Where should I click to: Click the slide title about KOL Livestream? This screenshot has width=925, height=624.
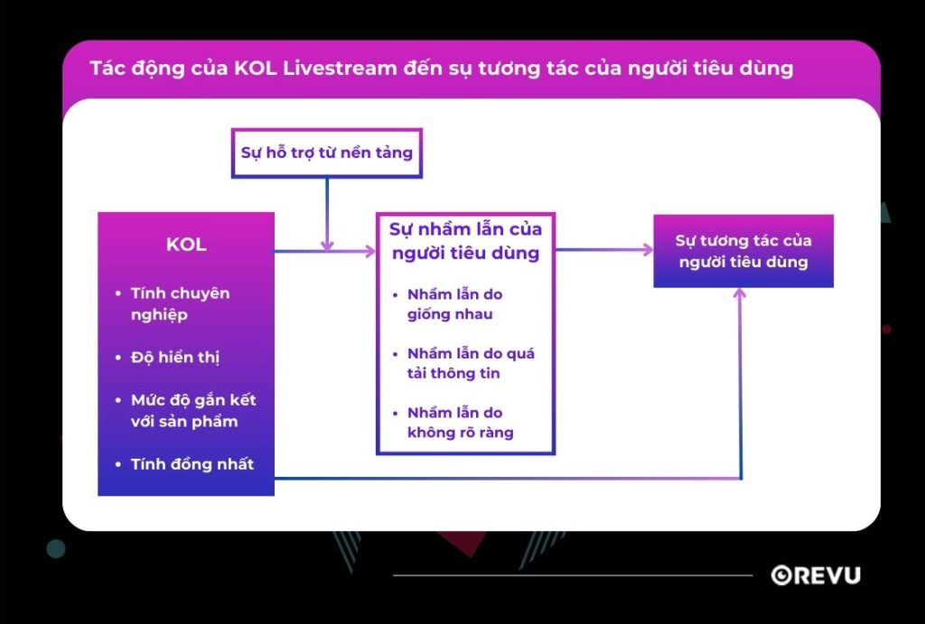[441, 69]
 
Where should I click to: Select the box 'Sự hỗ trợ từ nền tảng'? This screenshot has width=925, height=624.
[326, 152]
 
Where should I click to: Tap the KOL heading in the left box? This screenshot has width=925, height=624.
[186, 245]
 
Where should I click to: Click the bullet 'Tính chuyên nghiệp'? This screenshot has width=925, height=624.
[180, 303]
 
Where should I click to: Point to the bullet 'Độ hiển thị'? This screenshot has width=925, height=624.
[174, 357]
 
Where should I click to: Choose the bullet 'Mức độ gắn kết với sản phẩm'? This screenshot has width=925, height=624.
[192, 410]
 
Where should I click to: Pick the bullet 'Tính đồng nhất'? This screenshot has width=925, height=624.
[192, 464]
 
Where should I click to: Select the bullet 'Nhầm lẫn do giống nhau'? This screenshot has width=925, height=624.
[454, 304]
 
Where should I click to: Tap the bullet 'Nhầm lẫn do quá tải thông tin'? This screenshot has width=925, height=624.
[470, 363]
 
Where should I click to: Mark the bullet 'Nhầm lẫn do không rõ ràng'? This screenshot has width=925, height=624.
[460, 422]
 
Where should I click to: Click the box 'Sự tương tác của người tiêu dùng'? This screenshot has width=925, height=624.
[743, 251]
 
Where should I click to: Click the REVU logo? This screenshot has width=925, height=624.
[816, 575]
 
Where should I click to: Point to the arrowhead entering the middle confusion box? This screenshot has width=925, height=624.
[369, 252]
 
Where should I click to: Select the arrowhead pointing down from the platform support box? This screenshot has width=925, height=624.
[327, 245]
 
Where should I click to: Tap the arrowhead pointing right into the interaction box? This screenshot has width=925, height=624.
[647, 250]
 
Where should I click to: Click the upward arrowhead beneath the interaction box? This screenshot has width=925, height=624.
[740, 294]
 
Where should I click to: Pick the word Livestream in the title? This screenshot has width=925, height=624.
[347, 69]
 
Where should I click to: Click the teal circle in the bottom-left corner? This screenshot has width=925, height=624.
[56, 548]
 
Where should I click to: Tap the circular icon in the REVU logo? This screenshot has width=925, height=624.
[781, 575]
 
